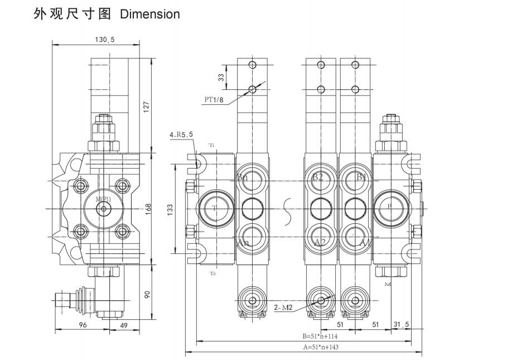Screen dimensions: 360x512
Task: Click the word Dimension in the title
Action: [x=150, y=14]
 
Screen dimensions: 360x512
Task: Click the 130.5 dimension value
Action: [x=105, y=40]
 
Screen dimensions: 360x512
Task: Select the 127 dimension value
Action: [x=147, y=106]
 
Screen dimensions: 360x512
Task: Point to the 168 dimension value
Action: [x=147, y=208]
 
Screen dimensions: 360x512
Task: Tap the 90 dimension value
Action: [x=147, y=294]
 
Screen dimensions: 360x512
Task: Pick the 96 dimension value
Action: [x=82, y=325]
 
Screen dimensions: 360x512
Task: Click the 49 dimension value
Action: [x=124, y=325]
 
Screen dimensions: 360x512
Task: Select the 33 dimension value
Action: [x=221, y=78]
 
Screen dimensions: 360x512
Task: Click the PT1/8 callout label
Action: [x=213, y=100]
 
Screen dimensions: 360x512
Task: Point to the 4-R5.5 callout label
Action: [x=181, y=135]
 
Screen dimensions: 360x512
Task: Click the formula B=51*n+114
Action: [x=320, y=336]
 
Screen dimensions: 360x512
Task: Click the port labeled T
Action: [x=214, y=208]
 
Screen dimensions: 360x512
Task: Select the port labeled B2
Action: [x=318, y=177]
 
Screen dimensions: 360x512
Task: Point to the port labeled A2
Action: [x=319, y=242]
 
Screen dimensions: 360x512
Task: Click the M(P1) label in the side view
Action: [x=103, y=199]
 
